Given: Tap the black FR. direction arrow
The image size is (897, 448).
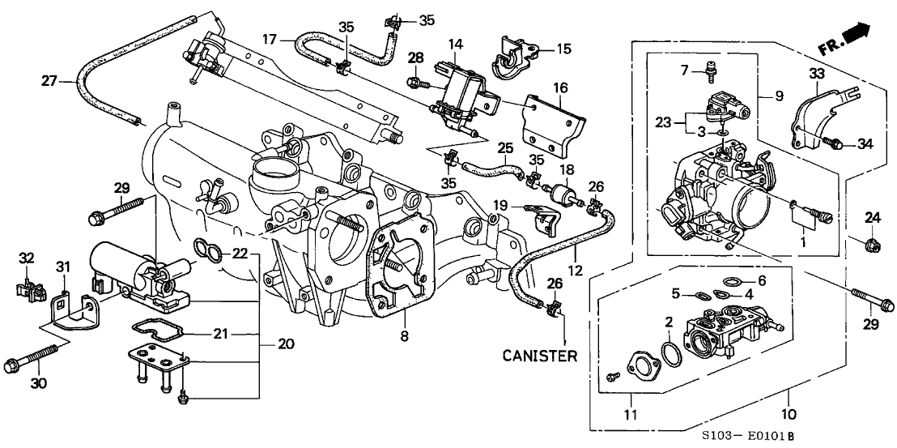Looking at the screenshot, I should coord(859,33).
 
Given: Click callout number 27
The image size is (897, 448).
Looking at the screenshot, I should coord(49,80).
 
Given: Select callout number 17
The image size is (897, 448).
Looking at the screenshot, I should coord(270,38).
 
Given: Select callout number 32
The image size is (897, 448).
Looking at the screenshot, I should coord(27,258).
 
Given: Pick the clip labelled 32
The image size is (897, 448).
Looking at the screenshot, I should coord(28,286).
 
